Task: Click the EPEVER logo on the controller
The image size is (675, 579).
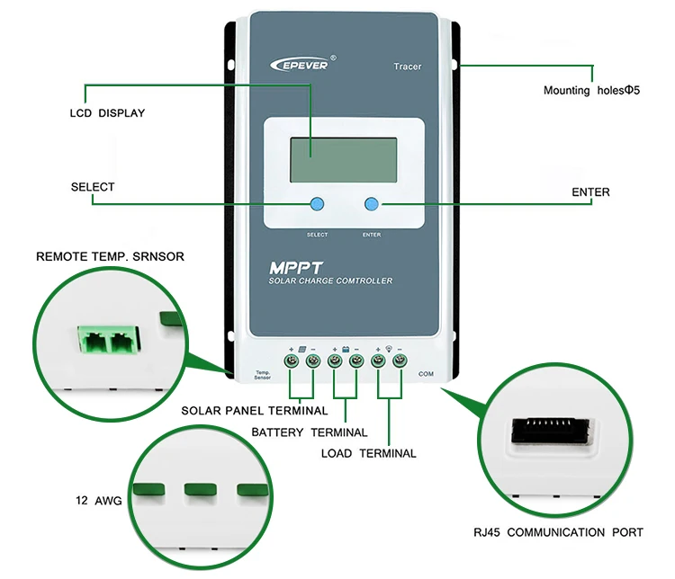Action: (302, 64)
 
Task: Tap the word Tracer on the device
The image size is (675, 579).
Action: (407, 67)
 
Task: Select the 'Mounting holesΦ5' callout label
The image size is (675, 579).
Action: (591, 91)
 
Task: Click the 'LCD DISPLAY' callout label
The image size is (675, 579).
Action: (107, 113)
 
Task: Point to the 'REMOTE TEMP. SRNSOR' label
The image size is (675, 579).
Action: (110, 256)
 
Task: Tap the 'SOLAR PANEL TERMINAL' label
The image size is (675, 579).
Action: (255, 411)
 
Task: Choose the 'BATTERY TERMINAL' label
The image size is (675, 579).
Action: (309, 432)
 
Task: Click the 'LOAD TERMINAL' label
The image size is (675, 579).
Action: (368, 453)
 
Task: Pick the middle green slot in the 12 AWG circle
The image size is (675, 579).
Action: (202, 490)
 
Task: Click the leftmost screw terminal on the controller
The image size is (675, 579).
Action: (292, 361)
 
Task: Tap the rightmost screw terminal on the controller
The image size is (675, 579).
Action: (399, 361)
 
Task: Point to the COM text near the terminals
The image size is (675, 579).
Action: (427, 372)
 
